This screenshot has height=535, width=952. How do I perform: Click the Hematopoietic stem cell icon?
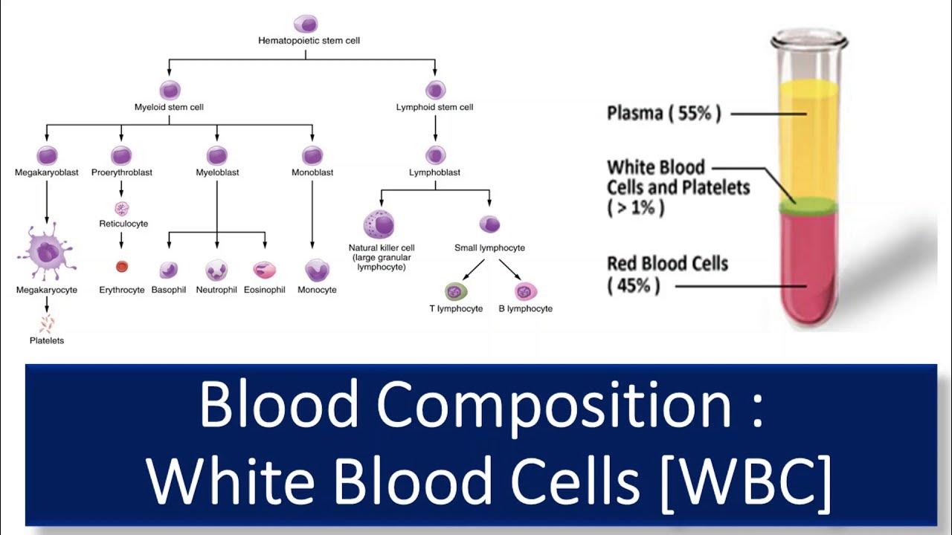coord(305,24)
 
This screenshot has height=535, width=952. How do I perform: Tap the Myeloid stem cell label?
coord(170,107)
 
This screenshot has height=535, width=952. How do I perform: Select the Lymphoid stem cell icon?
coord(435,90)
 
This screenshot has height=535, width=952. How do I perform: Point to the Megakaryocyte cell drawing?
coord(47,253)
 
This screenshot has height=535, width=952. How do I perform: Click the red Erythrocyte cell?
coord(122,266)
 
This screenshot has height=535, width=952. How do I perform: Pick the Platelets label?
coord(47,340)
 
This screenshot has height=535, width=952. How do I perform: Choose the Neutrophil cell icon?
coord(216,270)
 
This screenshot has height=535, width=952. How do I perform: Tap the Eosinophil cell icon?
coord(265,270)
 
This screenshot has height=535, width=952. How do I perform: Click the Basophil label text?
coord(169,290)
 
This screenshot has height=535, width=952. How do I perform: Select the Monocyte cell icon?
coord(317,270)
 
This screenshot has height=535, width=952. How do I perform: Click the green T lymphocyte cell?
coord(455,291)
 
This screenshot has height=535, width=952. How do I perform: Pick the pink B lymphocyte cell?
coord(526,291)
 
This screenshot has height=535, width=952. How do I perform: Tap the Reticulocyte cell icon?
coord(122,208)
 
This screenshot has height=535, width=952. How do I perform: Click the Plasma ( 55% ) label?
coord(663,114)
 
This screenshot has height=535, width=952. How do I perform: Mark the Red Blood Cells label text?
coord(667,263)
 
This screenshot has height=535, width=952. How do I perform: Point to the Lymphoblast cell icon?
coord(435,155)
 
